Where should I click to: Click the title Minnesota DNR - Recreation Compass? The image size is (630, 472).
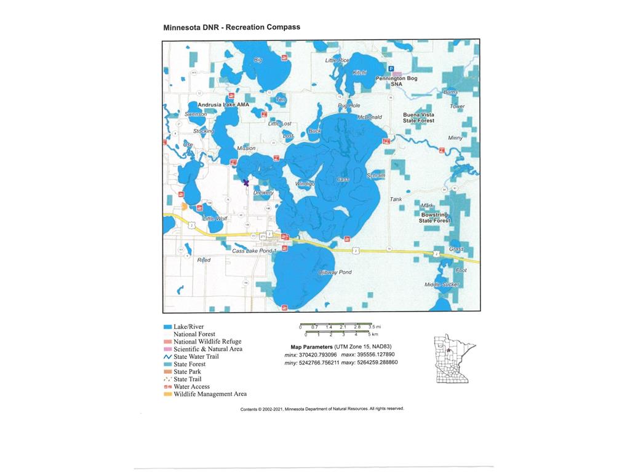click(x=231, y=28)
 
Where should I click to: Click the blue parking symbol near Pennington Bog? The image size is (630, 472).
click(x=391, y=69)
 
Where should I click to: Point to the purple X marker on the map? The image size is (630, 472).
click(x=245, y=183)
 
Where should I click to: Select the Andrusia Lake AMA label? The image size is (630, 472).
click(x=223, y=105)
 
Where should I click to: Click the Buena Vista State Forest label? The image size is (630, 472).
click(x=418, y=117)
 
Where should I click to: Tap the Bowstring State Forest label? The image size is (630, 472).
click(x=435, y=217)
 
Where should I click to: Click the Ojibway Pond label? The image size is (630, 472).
click(x=335, y=272)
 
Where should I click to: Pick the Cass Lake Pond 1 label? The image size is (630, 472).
click(x=255, y=251)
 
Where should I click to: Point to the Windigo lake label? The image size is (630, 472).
click(x=305, y=184)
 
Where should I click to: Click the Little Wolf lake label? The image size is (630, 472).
click(x=215, y=219)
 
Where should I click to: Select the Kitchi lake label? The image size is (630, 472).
click(x=359, y=73)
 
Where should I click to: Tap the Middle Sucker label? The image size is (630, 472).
click(x=442, y=285)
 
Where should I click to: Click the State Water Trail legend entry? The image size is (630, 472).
click(x=196, y=356)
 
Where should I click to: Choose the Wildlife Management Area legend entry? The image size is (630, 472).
click(x=210, y=394)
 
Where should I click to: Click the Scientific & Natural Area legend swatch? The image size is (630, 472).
click(x=167, y=349)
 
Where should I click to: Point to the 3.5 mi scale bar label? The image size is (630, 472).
click(x=375, y=327)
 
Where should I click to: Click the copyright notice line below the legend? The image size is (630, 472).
click(x=322, y=409)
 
